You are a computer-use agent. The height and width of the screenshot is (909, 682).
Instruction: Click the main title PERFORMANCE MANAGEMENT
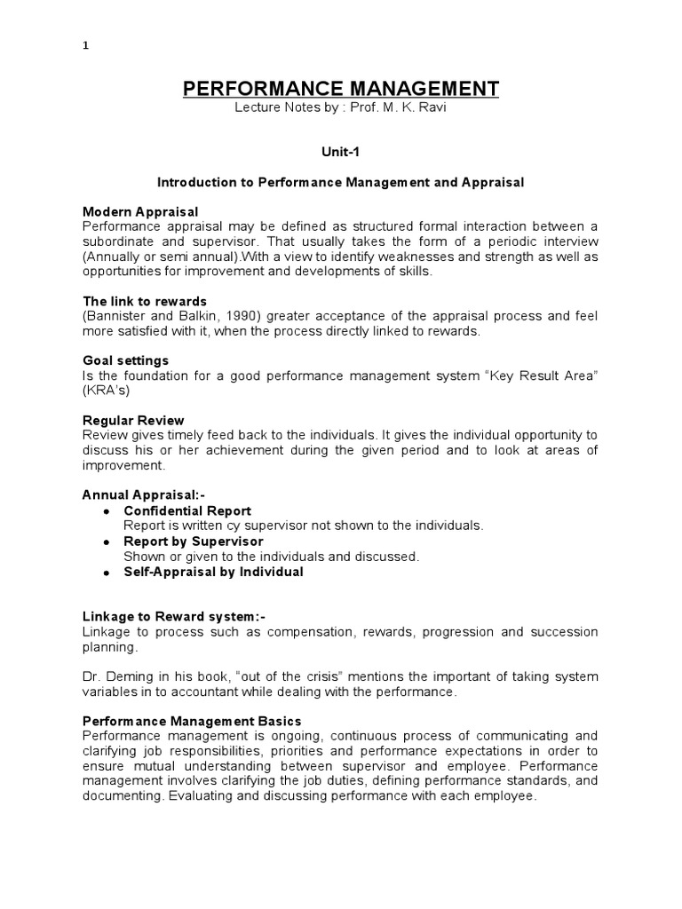tap(341, 88)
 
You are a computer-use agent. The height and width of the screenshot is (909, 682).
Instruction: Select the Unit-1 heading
tap(340, 152)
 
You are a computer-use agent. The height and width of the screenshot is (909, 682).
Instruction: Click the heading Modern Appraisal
tap(140, 211)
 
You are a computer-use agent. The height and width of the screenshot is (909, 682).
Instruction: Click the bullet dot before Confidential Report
tap(107, 512)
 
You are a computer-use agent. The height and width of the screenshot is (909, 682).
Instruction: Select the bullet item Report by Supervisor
tap(194, 541)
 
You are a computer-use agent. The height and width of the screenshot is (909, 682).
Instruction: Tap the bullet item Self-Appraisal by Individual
tap(213, 572)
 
